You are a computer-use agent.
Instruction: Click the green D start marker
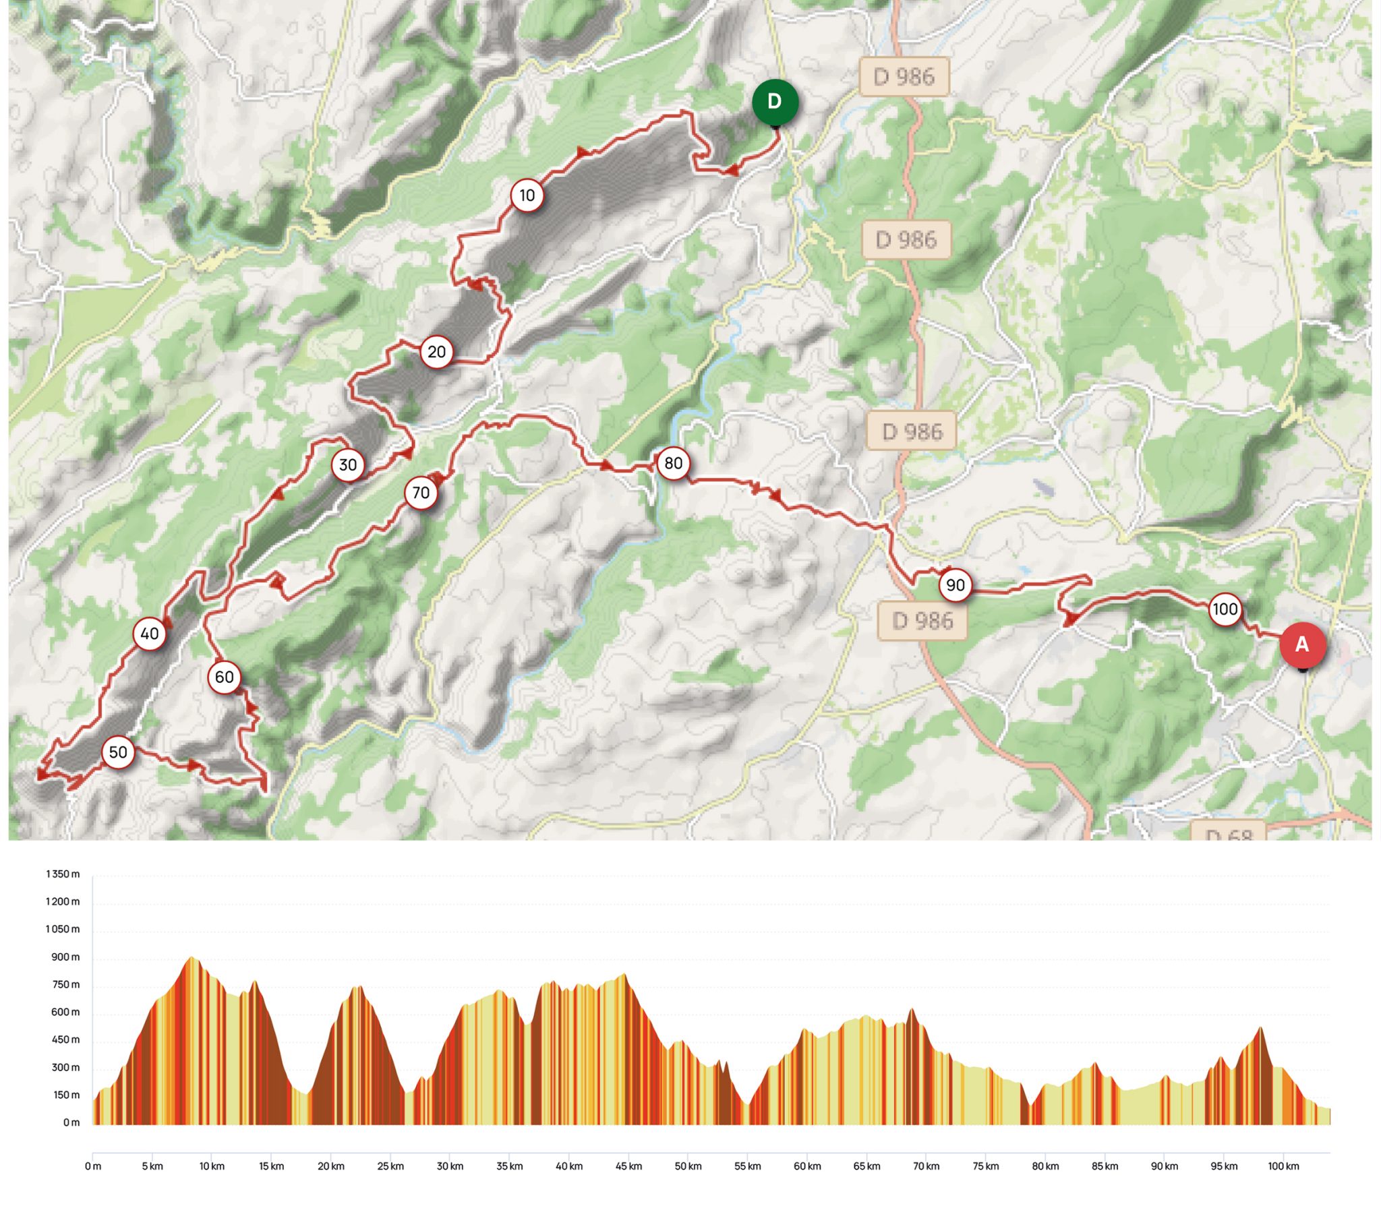(775, 102)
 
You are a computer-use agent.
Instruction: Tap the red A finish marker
(1302, 644)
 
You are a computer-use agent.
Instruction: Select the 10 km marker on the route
(527, 195)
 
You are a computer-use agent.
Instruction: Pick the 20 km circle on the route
(436, 352)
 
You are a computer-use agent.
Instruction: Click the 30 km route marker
(347, 465)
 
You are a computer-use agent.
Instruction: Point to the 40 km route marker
(149, 634)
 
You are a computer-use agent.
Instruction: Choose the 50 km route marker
(118, 752)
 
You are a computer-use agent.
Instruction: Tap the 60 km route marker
(224, 677)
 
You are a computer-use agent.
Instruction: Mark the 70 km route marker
(421, 493)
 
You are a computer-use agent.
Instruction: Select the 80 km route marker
(673, 463)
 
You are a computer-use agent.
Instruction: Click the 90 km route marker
(955, 585)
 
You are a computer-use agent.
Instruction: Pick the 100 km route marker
(1225, 609)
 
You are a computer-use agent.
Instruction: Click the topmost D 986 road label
(904, 77)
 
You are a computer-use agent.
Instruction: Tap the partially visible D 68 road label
(1228, 833)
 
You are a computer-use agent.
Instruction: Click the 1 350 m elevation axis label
(63, 874)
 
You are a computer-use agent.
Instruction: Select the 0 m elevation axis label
(71, 1122)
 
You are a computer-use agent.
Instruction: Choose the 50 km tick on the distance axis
(688, 1166)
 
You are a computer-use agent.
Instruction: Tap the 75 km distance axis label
(985, 1166)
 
